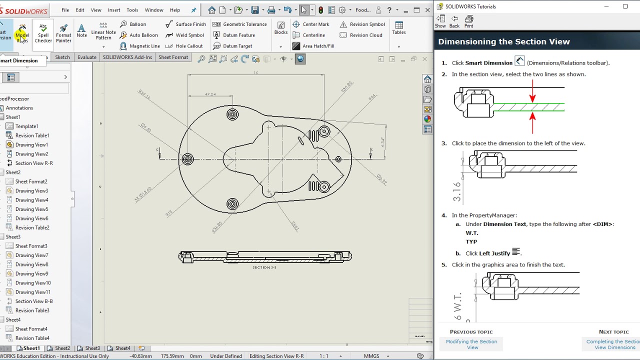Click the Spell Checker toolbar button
[x=43, y=33]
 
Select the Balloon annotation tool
[x=133, y=24]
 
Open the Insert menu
[x=114, y=10]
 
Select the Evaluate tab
[x=87, y=57]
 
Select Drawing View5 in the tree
[x=31, y=209]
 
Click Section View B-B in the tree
[x=33, y=301]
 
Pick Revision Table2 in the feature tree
[x=32, y=227]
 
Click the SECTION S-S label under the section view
[x=264, y=267]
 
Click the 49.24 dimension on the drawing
[x=210, y=94]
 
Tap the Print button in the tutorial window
[x=468, y=21]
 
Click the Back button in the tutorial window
[x=454, y=21]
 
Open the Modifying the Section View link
[x=471, y=344]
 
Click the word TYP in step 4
[x=471, y=241]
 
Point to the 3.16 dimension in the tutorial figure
[x=457, y=191]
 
